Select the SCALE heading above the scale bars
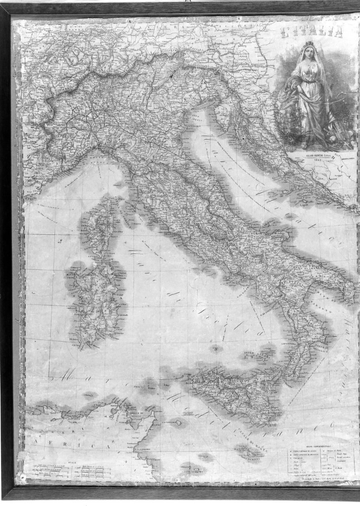pos(70,463)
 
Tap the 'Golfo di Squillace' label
pos(321,349)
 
